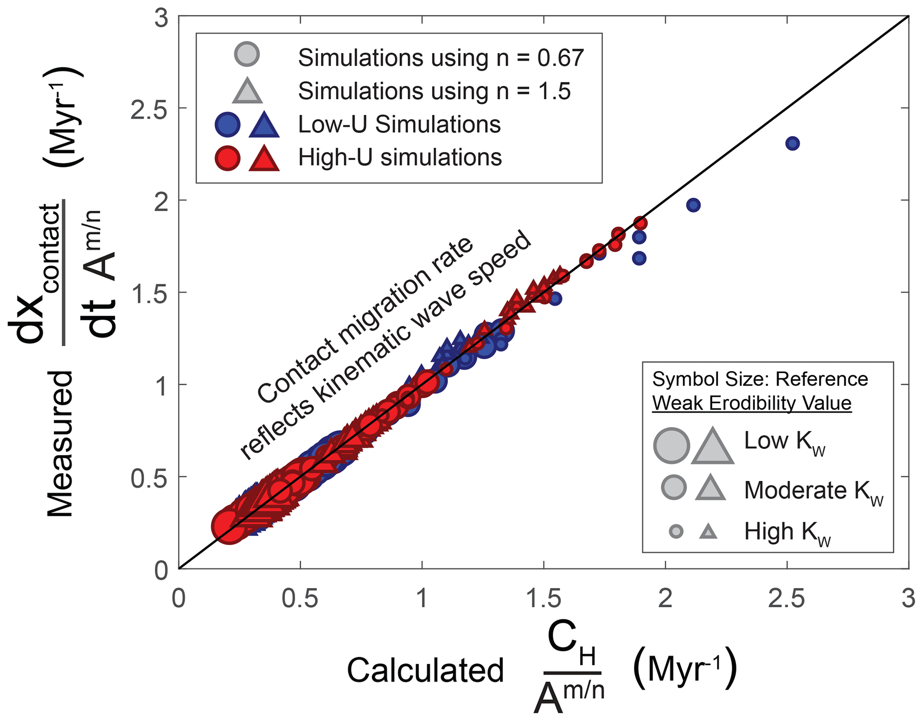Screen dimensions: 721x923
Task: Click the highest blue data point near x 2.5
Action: click(792, 144)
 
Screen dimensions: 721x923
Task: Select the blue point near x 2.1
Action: click(693, 205)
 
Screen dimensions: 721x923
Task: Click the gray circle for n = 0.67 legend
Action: click(246, 54)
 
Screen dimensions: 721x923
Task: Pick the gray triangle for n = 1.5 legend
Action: click(247, 91)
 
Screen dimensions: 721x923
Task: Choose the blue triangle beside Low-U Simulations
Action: click(264, 124)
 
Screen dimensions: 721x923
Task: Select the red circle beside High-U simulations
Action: click(227, 158)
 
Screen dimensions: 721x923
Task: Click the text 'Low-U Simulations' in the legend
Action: click(399, 124)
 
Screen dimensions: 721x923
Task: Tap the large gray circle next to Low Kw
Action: click(671, 445)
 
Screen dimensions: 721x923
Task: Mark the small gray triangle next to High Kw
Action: click(708, 532)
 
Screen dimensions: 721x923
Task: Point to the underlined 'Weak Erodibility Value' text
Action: click(752, 403)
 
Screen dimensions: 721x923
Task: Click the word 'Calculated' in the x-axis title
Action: click(425, 671)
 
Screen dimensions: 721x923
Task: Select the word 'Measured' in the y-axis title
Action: click(60, 444)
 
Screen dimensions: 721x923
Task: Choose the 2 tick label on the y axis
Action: click(161, 200)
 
